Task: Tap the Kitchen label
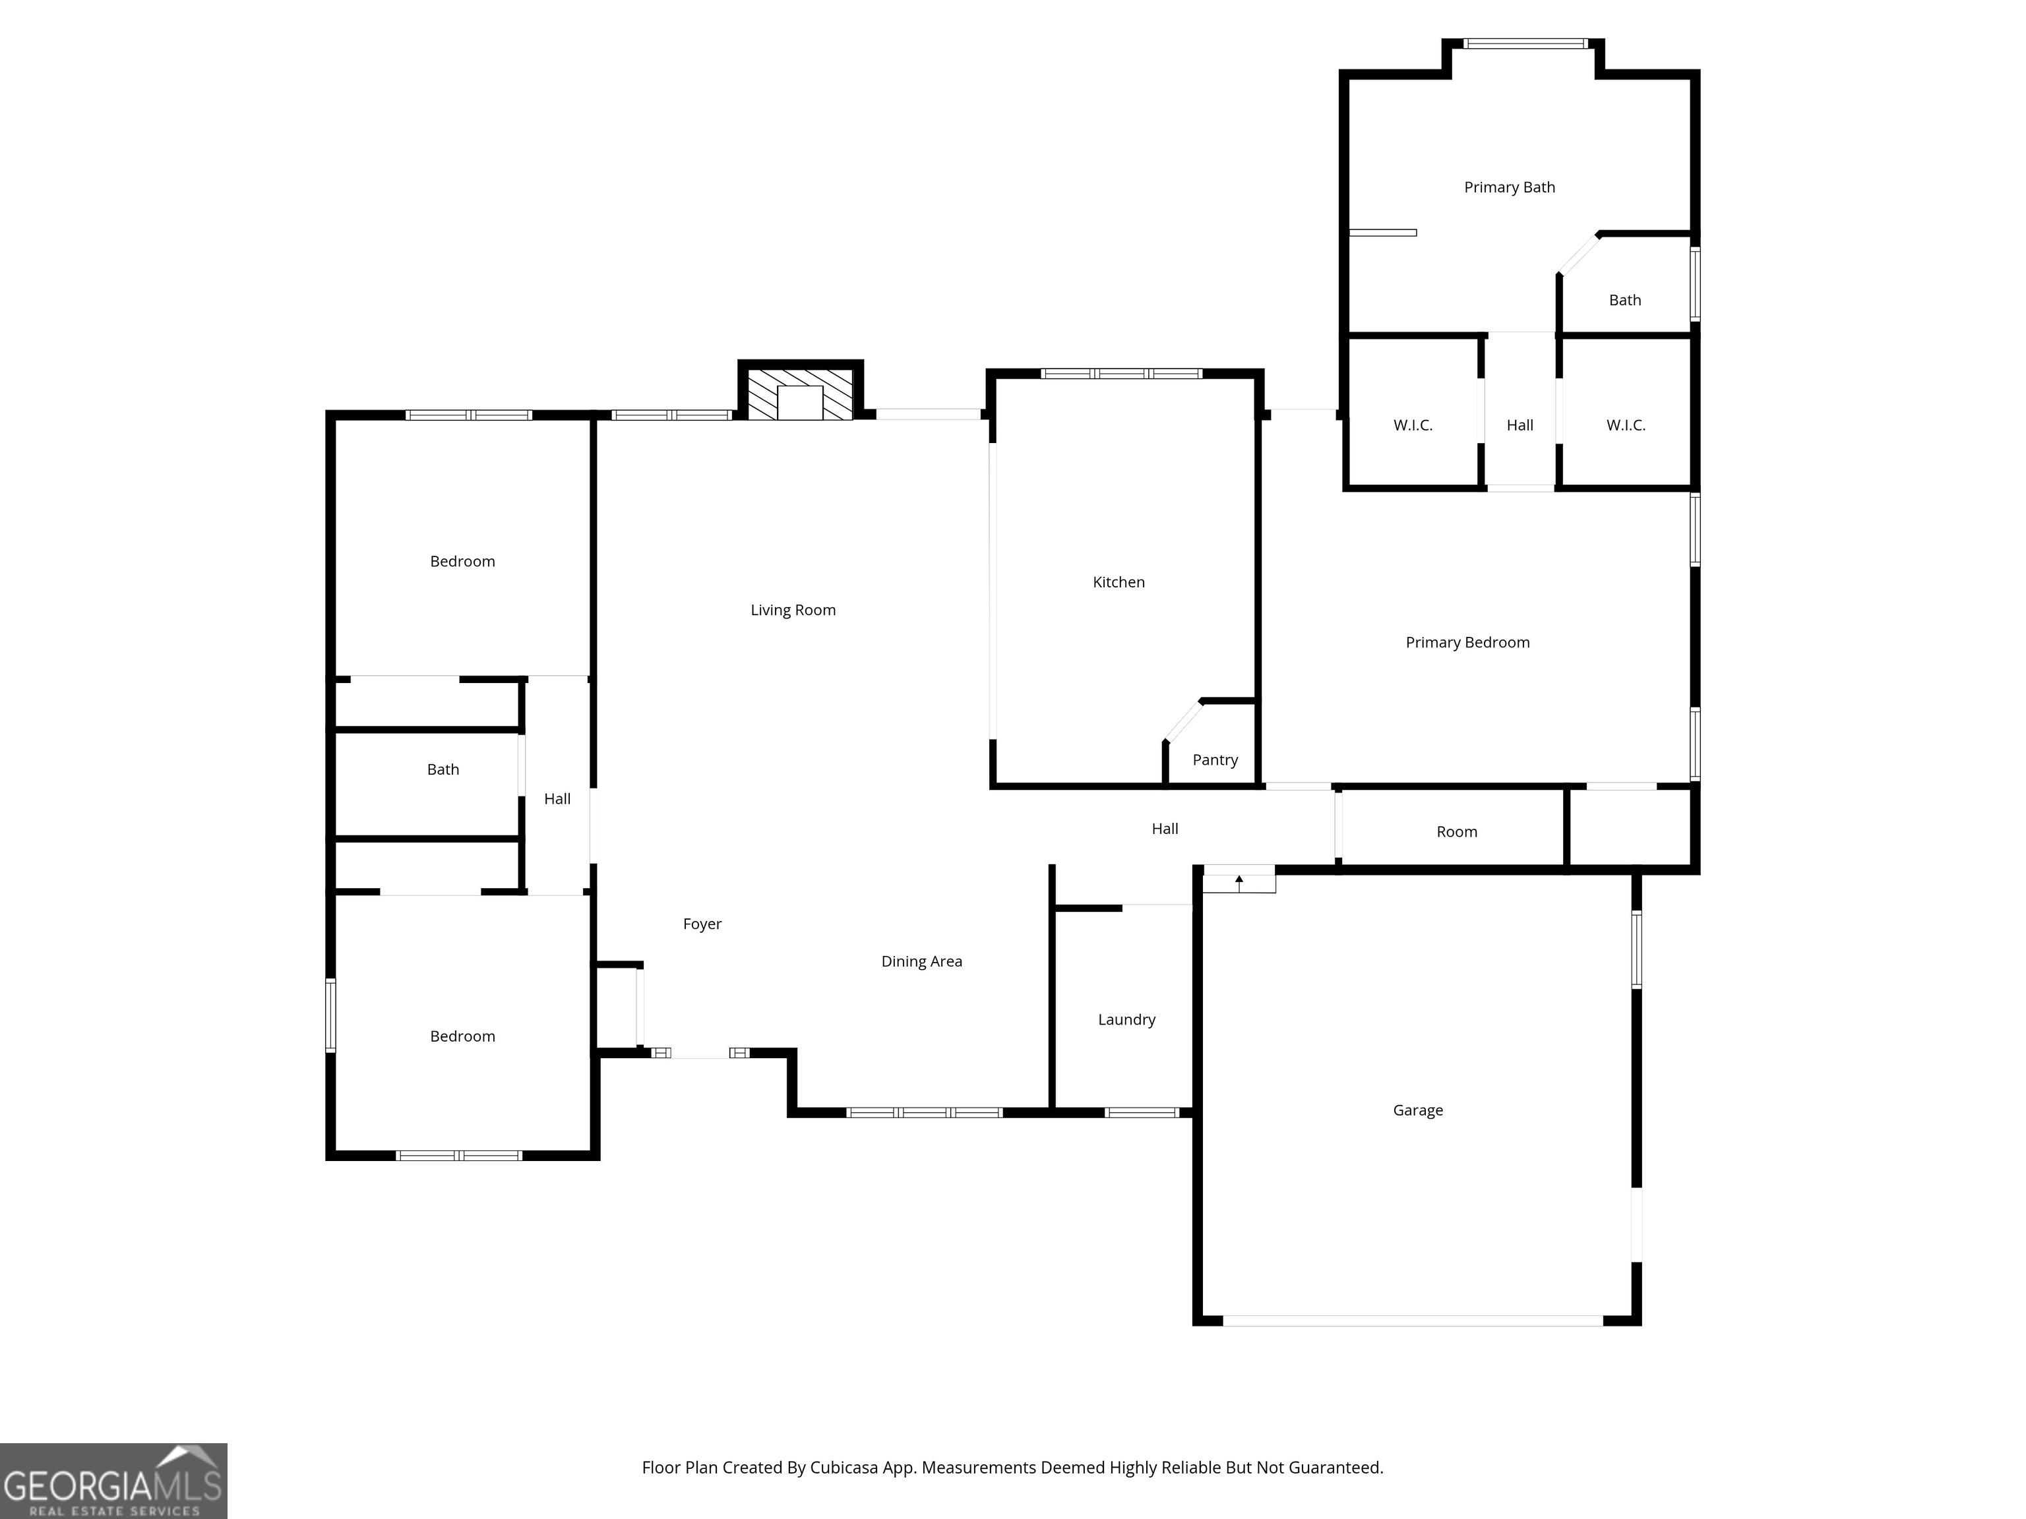click(1119, 582)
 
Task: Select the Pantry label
click(1215, 760)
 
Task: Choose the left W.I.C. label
click(1413, 425)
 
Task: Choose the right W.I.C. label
click(1625, 425)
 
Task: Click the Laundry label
click(1126, 1020)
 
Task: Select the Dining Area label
click(921, 961)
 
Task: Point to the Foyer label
click(702, 924)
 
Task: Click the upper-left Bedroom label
click(462, 561)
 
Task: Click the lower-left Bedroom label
click(462, 1036)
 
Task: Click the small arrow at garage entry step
click(1239, 881)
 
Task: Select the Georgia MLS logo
click(113, 1481)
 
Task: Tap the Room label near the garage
click(1456, 832)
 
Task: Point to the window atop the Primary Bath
click(1524, 43)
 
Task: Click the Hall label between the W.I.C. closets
click(1519, 425)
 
